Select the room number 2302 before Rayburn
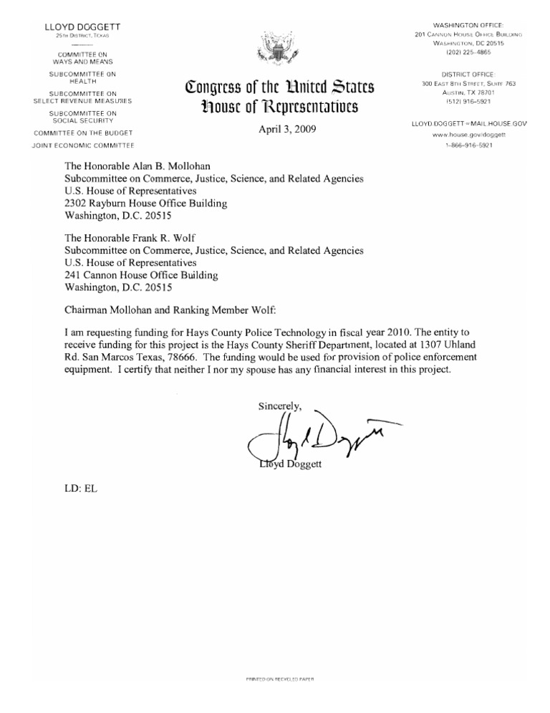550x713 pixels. click(x=77, y=204)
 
